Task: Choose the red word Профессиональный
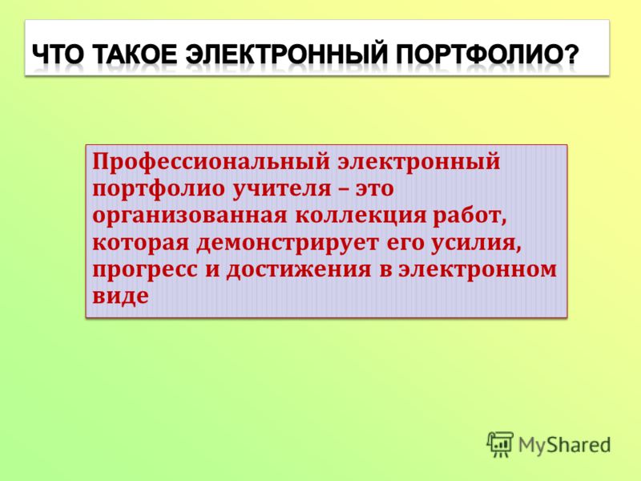coord(211,163)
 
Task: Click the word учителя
coord(282,189)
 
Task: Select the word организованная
coord(190,216)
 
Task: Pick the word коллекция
coord(361,216)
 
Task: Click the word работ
coord(470,216)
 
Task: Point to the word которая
coord(141,244)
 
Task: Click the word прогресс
coord(145,271)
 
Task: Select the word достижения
coord(299,271)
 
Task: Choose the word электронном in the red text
coord(478,270)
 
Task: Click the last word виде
coord(120,296)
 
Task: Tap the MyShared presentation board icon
coord(499,444)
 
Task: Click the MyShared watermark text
coord(565,445)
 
